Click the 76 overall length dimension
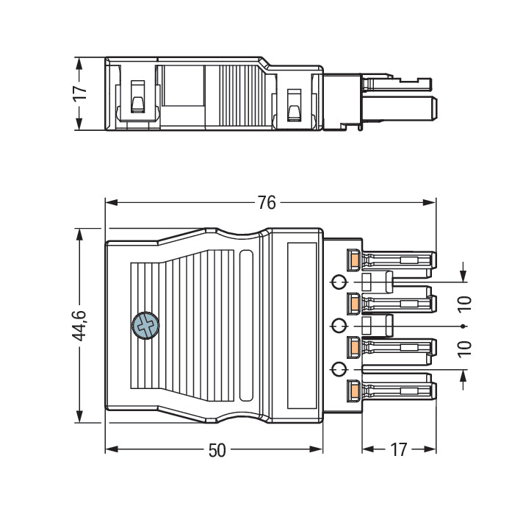[x=267, y=202]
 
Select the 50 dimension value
[x=217, y=450]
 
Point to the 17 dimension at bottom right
[x=399, y=450]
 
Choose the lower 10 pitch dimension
[x=464, y=348]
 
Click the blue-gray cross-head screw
[x=145, y=326]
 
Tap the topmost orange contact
[x=354, y=259]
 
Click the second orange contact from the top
[x=354, y=302]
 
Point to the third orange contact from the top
[x=354, y=346]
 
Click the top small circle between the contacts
[x=339, y=282]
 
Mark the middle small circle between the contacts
[x=339, y=326]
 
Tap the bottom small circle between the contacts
[x=339, y=368]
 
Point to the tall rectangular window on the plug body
[x=301, y=324]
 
